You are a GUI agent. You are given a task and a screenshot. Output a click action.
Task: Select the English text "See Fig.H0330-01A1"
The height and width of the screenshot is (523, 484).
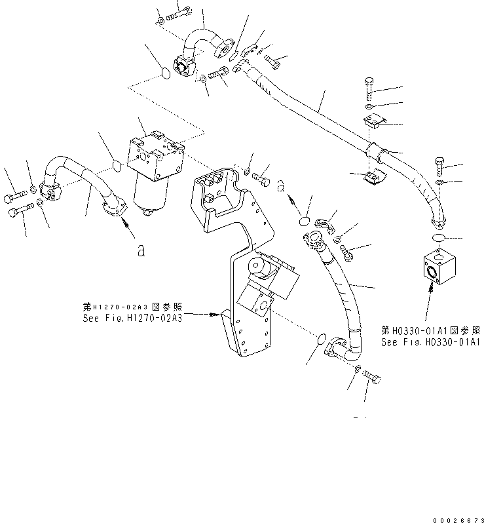(431, 342)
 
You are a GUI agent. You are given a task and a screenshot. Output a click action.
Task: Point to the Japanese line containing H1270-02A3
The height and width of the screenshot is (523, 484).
(132, 305)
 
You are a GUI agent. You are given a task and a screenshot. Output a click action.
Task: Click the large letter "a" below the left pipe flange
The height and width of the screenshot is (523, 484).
(141, 250)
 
